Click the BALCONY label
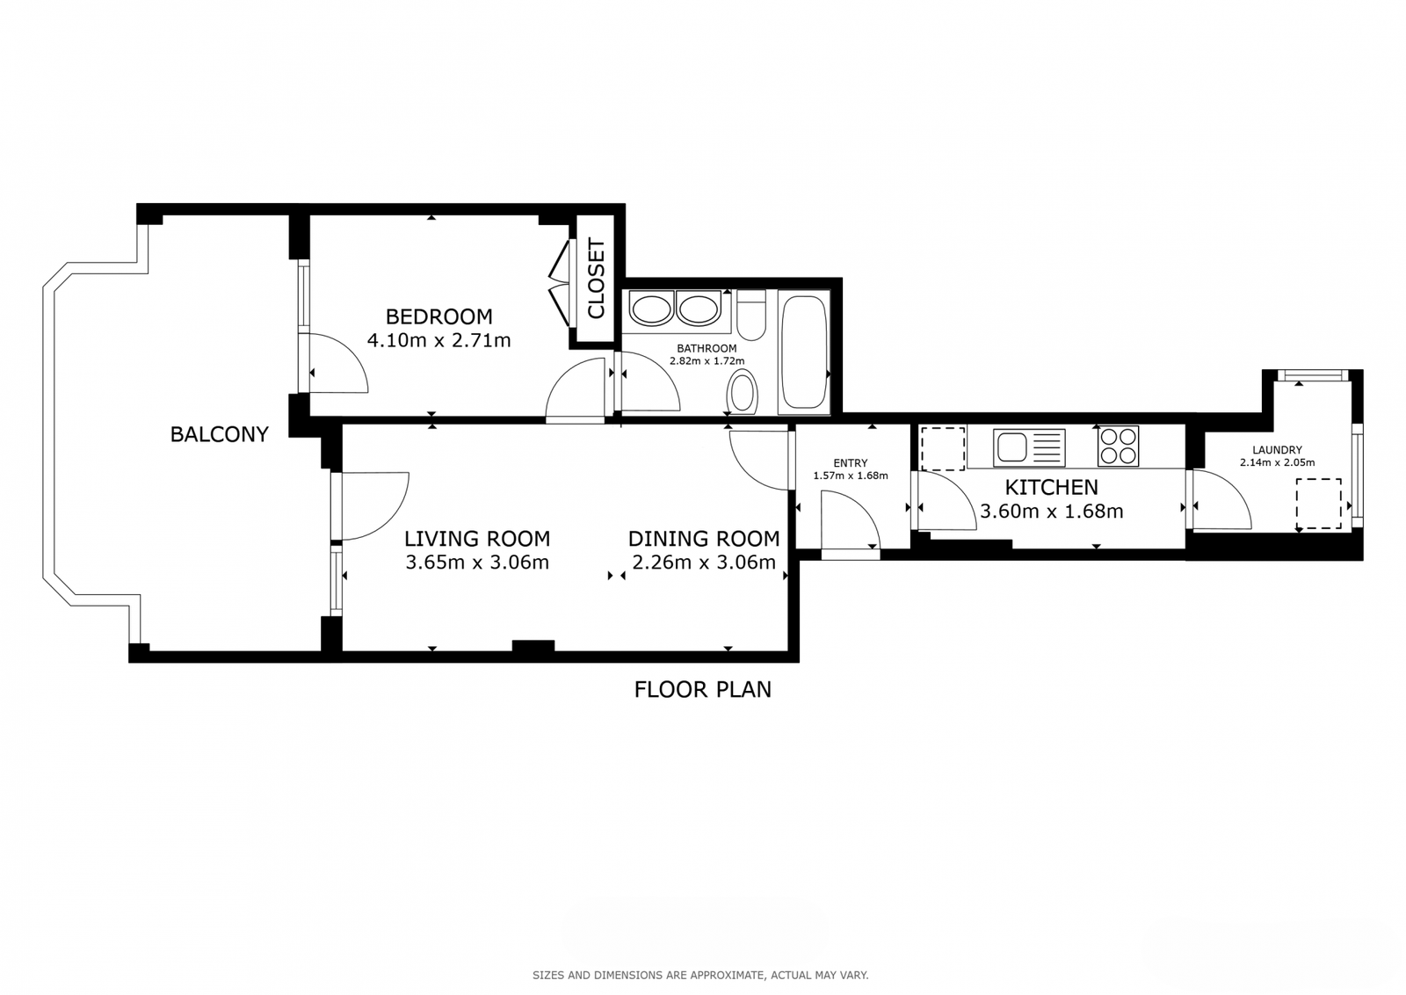pos(220,434)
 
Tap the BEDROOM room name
pos(438,316)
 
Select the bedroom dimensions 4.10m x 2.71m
pos(438,341)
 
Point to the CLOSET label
pos(596,278)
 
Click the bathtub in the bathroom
pos(804,352)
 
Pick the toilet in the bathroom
pos(750,315)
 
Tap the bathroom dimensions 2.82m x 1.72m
pos(707,361)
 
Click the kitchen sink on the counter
pos(1029,447)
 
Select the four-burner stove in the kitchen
pos(1118,447)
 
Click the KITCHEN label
pos(1051,487)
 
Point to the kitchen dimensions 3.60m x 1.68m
pos(1051,512)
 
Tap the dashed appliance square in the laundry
pos(1319,504)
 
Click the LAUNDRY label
pos(1278,450)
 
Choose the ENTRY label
pos(851,463)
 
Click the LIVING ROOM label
pos(477,539)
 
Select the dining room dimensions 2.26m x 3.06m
pos(704,563)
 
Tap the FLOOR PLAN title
pos(702,690)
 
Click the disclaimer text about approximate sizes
pos(700,976)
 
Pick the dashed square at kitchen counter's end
pos(943,449)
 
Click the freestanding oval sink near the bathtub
pos(742,392)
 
